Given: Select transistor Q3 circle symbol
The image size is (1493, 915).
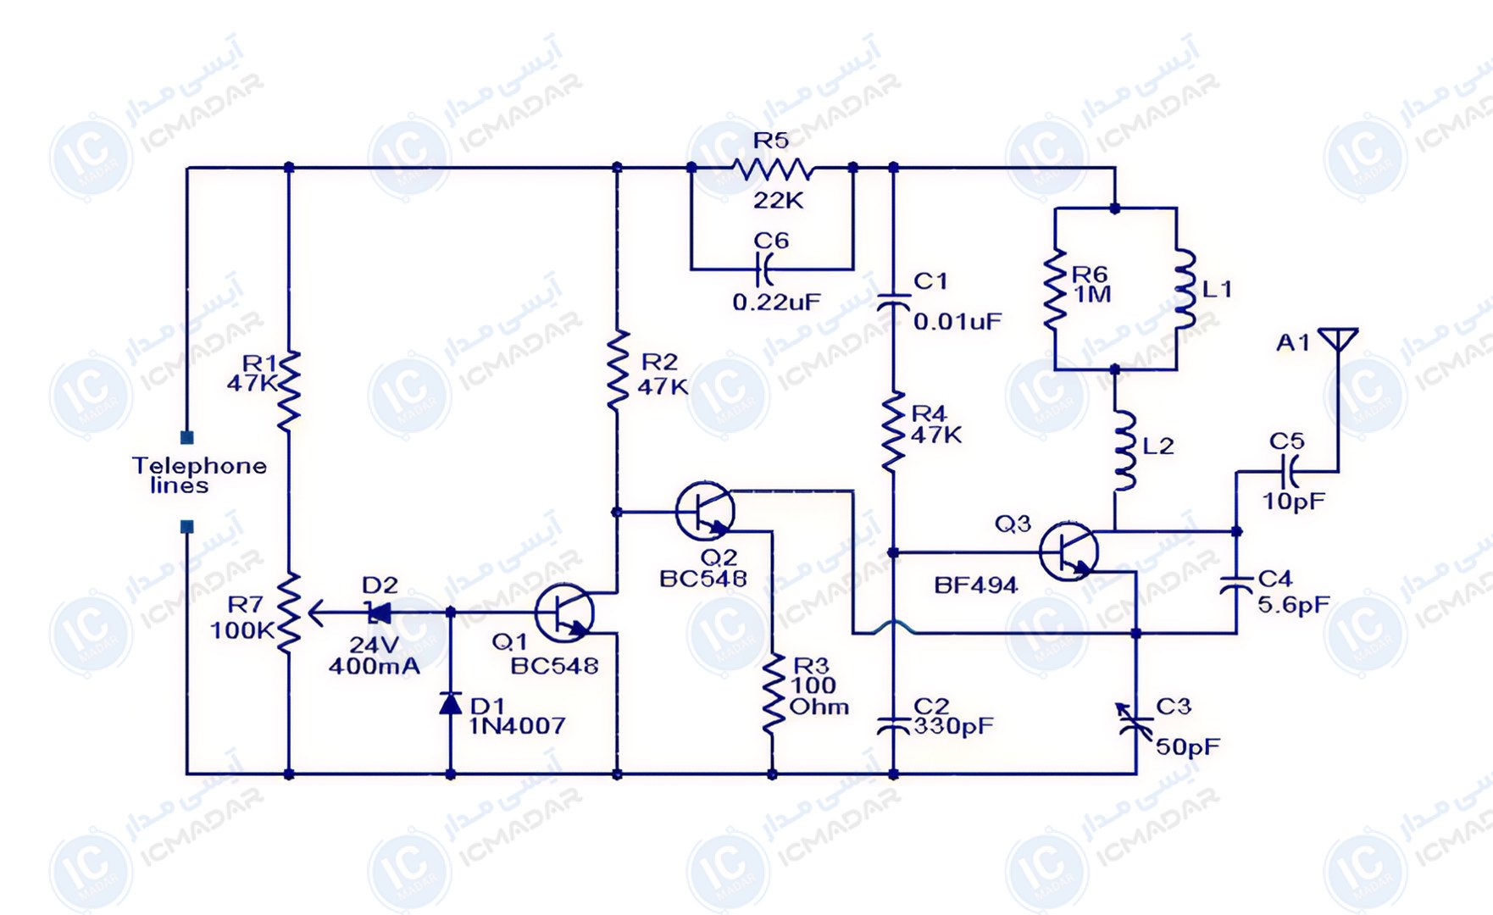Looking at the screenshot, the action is pyautogui.click(x=1068, y=552).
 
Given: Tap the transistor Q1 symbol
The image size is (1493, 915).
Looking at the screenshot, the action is pyautogui.click(x=564, y=613).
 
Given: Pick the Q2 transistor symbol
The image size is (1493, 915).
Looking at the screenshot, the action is pyautogui.click(x=705, y=511).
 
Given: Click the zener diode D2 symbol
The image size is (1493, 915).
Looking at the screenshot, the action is pyautogui.click(x=378, y=613).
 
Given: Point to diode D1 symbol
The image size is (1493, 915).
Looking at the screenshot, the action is pyautogui.click(x=450, y=703).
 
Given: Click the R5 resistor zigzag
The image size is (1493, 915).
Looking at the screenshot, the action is pyautogui.click(x=772, y=169).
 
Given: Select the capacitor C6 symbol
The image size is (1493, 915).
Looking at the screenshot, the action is pyautogui.click(x=765, y=269).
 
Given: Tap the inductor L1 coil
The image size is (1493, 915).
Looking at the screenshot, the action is pyautogui.click(x=1184, y=288).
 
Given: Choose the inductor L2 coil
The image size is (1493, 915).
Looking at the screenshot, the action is pyautogui.click(x=1124, y=451).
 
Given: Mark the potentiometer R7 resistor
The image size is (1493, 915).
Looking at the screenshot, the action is pyautogui.click(x=289, y=612).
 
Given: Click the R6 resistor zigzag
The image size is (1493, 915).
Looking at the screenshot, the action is pyautogui.click(x=1055, y=289).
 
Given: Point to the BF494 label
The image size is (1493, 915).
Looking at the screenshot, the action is pyautogui.click(x=975, y=585).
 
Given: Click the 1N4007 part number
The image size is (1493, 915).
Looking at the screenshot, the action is pyautogui.click(x=517, y=726).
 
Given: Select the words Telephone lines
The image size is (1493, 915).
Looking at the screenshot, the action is pyautogui.click(x=199, y=475).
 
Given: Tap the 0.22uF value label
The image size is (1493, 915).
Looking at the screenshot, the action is pyautogui.click(x=776, y=302).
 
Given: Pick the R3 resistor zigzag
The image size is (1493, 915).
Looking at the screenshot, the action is pyautogui.click(x=773, y=693).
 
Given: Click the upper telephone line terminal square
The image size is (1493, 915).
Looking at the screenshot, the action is pyautogui.click(x=187, y=438).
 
